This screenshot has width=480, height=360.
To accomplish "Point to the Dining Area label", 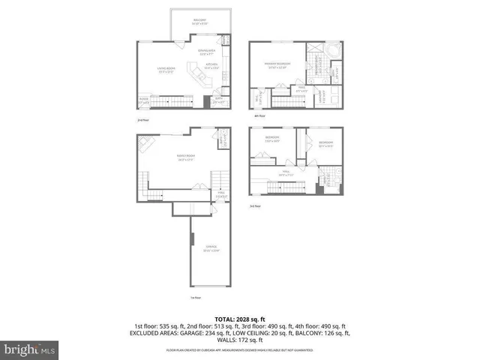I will [206, 52].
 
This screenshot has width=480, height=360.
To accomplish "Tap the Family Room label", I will [186, 158].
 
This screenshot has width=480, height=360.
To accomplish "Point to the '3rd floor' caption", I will [255, 206].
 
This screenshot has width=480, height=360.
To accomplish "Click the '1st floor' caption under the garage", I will [196, 297].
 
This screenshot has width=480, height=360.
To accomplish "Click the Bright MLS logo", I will [30, 349].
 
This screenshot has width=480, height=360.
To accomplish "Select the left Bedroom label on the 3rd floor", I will [272, 140].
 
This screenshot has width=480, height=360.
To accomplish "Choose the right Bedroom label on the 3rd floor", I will [325, 143].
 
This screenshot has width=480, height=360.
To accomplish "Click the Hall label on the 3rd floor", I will [285, 173].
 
